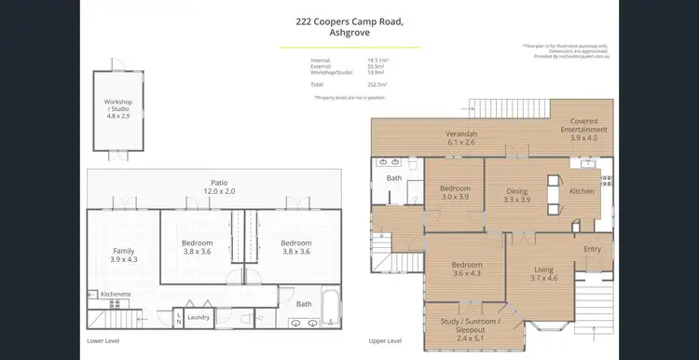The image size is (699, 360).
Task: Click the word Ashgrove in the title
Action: coord(349,33)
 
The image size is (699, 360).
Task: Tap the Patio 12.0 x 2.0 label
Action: coord(219,187)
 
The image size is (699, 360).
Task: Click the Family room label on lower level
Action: coord(123,254)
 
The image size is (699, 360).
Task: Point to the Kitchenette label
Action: coord(116,294)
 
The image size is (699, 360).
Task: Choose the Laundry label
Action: coord(198,317)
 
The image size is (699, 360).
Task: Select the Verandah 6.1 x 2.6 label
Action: coord(461,138)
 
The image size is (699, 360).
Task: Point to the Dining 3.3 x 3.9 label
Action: coord(516,194)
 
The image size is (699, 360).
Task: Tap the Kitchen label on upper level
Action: coord(582,191)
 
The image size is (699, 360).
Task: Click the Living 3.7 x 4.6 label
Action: coord(543,273)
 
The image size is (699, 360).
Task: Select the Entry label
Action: coord(593,249)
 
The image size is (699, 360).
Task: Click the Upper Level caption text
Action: coord(386,341)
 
